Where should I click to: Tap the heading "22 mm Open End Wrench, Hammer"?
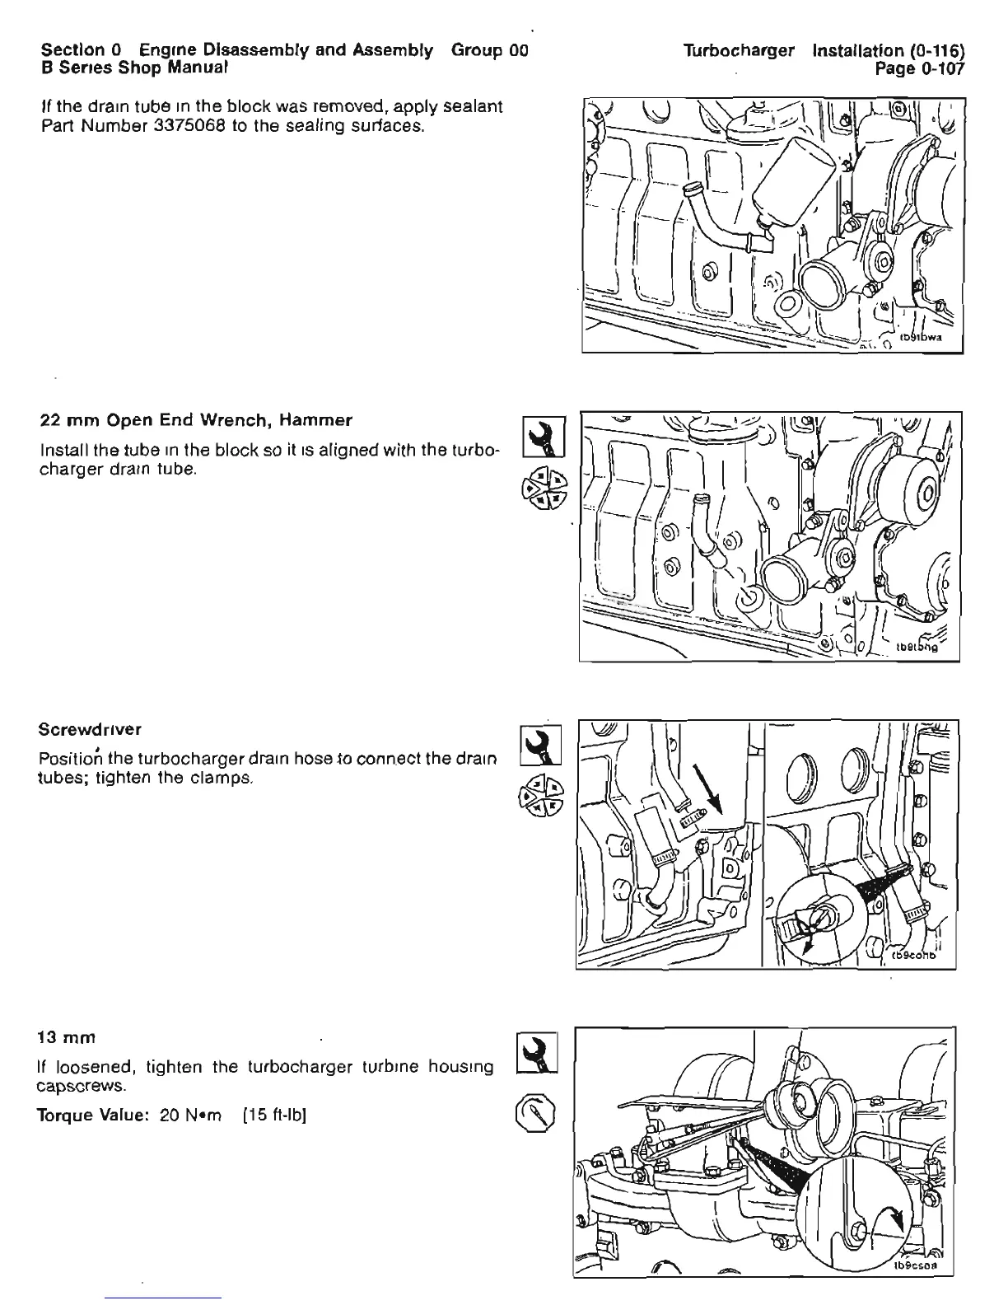(196, 420)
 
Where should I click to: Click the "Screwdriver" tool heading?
(90, 729)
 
